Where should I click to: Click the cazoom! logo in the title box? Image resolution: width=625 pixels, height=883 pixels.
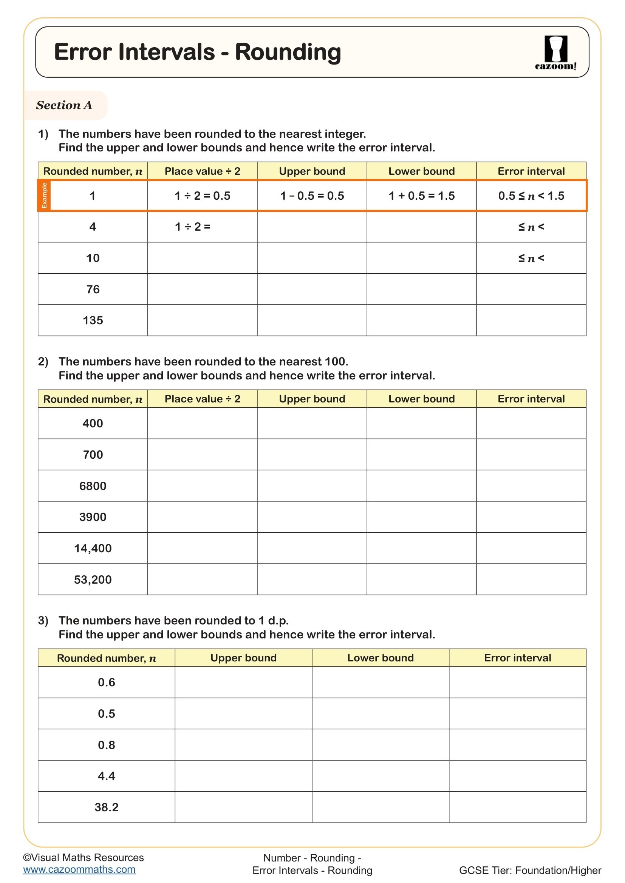pos(555,53)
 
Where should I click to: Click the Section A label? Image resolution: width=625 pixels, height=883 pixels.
pos(64,105)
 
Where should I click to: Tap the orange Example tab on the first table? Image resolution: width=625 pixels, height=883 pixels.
pos(44,196)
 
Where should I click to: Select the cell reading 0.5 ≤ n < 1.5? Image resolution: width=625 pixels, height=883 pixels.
pos(531,196)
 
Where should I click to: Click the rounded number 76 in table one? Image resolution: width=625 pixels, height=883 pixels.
pos(93,289)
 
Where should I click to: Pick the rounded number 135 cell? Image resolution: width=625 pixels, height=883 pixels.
pos(93,321)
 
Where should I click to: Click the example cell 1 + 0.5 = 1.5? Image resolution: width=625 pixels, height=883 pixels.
pos(421,196)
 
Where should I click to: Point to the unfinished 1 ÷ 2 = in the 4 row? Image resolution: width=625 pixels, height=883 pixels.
pos(192,227)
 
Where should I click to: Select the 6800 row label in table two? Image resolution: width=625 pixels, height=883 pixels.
pos(93,486)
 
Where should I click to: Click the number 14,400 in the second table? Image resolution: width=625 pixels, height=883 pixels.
pos(93,548)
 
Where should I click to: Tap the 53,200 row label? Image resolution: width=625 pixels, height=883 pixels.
pos(93,579)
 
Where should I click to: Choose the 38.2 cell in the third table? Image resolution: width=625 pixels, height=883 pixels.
pos(107,807)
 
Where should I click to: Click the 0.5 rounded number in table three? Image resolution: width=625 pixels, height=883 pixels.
pos(107,714)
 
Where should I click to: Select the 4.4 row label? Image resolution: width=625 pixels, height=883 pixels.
pos(107,776)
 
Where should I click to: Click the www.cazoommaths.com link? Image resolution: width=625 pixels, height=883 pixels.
pos(79,869)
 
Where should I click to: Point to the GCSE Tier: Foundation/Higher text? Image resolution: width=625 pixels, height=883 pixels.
pos(530,870)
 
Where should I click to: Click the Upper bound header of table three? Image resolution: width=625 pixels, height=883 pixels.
pos(243,658)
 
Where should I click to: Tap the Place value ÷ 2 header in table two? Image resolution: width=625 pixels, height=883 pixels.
pos(203,399)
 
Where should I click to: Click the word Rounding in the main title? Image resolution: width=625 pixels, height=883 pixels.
pos(288,52)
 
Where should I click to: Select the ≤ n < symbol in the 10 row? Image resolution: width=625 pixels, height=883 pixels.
pos(531,258)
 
